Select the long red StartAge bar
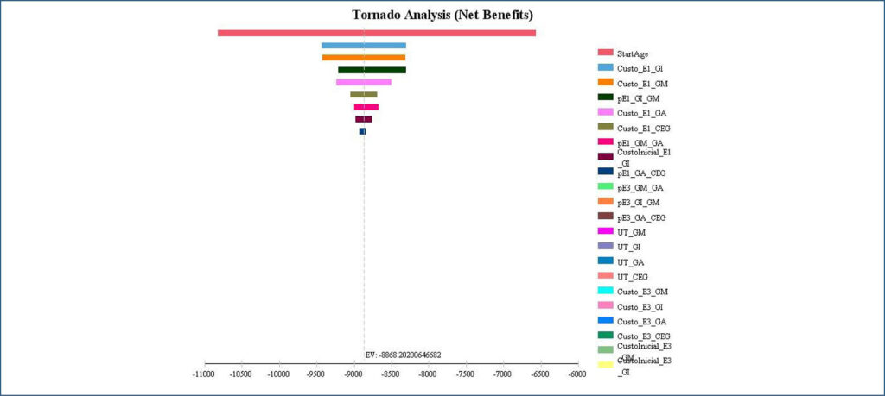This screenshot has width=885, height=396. [377, 33]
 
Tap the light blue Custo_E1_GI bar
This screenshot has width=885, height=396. [363, 46]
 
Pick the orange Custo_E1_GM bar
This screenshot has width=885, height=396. [363, 58]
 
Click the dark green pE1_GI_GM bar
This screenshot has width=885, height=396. [372, 70]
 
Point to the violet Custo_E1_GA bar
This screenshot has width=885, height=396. [363, 82]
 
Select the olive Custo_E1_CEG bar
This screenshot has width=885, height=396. [363, 94]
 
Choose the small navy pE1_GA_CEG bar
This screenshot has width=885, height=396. [362, 131]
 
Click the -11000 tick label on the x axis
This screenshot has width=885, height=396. [205, 375]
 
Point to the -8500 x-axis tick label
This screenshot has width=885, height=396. [391, 375]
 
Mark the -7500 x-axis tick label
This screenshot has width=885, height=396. [465, 375]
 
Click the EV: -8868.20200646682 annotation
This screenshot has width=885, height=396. [403, 355]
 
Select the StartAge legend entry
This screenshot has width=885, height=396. [634, 54]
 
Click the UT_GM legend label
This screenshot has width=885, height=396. [632, 233]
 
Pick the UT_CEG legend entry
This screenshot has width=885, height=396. [634, 277]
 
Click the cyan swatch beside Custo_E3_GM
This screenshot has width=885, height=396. [605, 290]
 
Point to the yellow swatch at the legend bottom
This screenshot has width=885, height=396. [605, 364]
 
